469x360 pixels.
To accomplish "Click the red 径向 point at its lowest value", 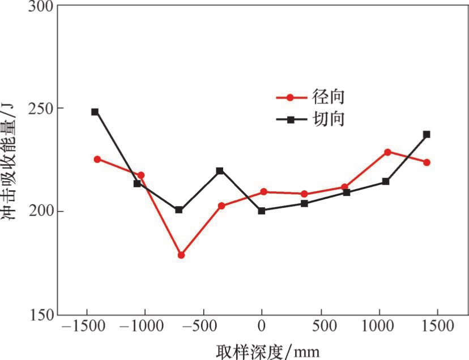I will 181,255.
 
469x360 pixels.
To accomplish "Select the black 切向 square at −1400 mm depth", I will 95,112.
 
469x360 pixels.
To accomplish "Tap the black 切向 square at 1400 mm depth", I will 427,135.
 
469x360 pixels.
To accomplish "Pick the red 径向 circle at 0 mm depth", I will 264,192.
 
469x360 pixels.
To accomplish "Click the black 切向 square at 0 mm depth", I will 262,211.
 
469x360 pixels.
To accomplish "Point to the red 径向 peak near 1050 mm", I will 387,152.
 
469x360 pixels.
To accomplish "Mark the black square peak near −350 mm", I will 220,171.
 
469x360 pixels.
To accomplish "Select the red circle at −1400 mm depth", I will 97,159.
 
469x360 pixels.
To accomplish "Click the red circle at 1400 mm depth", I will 427,162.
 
